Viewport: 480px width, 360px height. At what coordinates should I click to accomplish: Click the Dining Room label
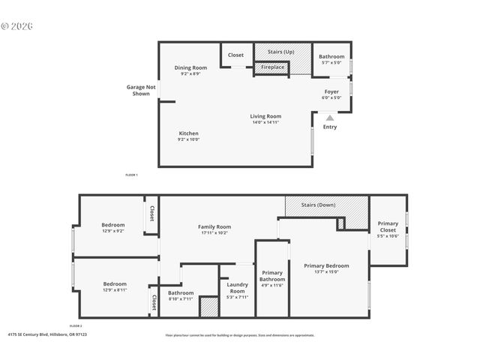pyautogui.click(x=190, y=67)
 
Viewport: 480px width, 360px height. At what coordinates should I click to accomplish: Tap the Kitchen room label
pyautogui.click(x=188, y=133)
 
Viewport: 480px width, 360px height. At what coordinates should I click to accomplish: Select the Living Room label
pyautogui.click(x=265, y=116)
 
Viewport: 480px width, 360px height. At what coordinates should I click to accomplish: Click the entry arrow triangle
pyautogui.click(x=329, y=118)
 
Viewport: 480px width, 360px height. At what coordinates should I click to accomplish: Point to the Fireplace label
pyautogui.click(x=273, y=67)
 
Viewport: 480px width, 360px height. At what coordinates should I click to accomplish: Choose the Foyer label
pyautogui.click(x=331, y=91)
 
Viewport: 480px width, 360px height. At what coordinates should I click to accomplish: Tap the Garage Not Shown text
pyautogui.click(x=141, y=90)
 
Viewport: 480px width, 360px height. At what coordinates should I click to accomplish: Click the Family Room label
pyautogui.click(x=214, y=226)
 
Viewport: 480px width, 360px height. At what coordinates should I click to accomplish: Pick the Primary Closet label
pyautogui.click(x=388, y=226)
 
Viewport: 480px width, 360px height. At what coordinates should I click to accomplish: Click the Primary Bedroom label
pyautogui.click(x=326, y=265)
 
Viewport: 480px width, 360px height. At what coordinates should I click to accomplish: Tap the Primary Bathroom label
pyautogui.click(x=271, y=276)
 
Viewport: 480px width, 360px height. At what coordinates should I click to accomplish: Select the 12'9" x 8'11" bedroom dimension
pyautogui.click(x=114, y=290)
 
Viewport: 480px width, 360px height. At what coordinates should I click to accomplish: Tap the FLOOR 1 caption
pyautogui.click(x=131, y=175)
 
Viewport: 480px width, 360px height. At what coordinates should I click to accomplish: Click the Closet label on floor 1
pyautogui.click(x=235, y=55)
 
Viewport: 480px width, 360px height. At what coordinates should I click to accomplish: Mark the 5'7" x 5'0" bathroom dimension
pyautogui.click(x=331, y=63)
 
